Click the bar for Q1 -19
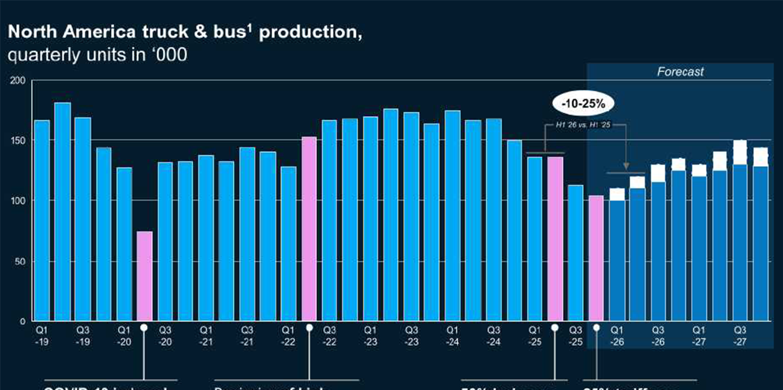point(42,220)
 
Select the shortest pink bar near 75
point(144,276)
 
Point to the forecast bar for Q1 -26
point(617,258)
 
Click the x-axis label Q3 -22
point(329,335)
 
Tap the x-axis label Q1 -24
point(452,335)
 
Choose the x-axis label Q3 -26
point(658,335)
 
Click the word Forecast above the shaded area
point(680,72)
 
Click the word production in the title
point(310,33)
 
